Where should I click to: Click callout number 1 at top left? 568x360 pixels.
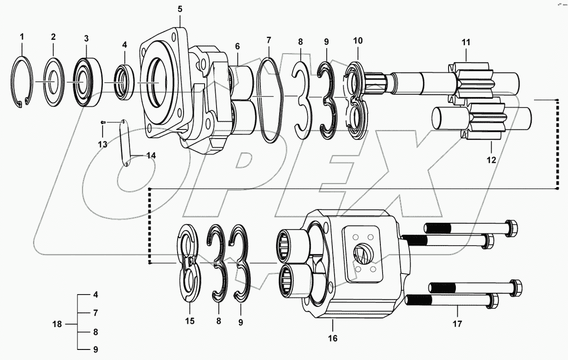tap(22, 36)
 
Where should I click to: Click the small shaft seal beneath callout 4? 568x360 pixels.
tap(124, 82)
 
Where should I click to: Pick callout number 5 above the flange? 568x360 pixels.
tap(179, 8)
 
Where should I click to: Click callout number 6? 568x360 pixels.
tap(238, 46)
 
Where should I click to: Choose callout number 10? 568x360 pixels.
tap(357, 41)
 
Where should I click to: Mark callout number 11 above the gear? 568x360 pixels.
tap(466, 43)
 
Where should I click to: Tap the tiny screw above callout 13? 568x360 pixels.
tap(103, 122)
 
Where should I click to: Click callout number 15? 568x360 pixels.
tap(189, 321)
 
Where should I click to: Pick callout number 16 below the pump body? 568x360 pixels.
tap(332, 338)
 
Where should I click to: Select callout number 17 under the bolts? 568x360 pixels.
tap(458, 324)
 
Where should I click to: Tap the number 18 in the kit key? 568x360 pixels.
tap(57, 324)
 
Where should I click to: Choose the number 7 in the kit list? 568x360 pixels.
tap(96, 313)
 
